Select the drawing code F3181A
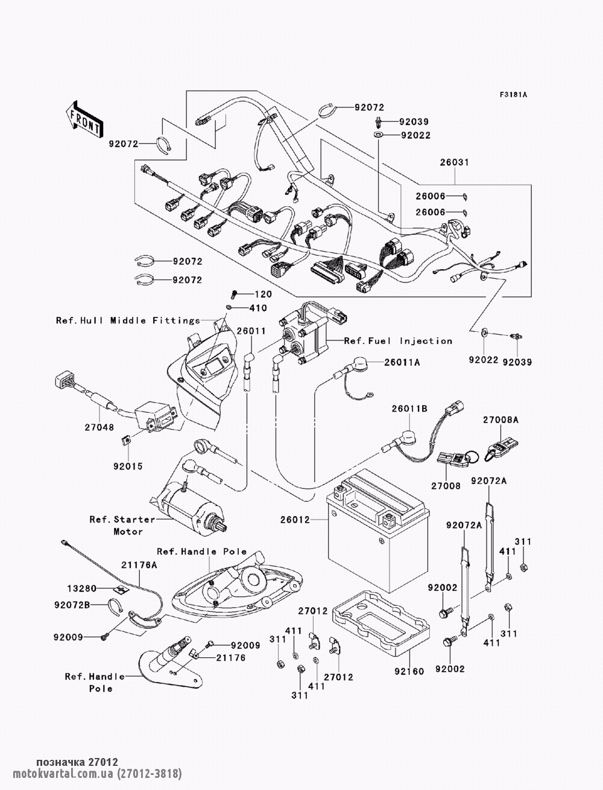click(x=513, y=94)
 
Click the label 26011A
click(x=403, y=362)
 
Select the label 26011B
click(x=409, y=409)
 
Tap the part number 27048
click(x=98, y=427)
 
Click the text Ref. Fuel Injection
click(x=398, y=341)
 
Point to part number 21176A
click(x=139, y=565)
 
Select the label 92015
click(x=125, y=465)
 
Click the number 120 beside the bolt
click(x=263, y=295)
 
